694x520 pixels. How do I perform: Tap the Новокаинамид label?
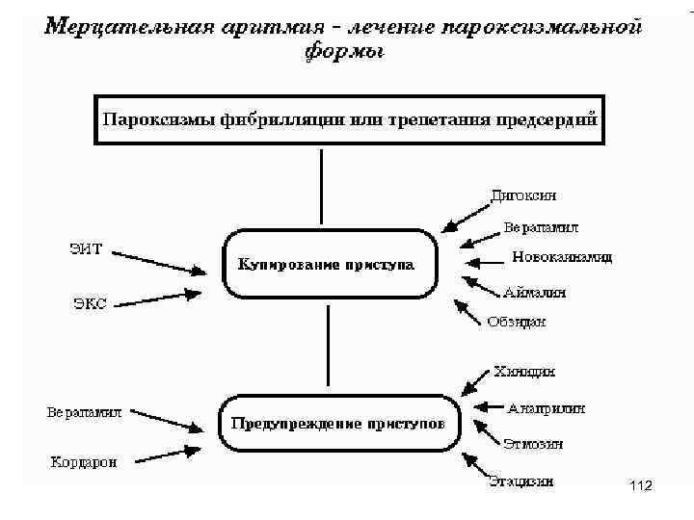561,258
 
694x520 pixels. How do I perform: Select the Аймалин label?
534,291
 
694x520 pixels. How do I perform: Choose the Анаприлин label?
546,407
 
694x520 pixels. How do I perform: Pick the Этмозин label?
533,444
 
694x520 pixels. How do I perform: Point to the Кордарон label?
84,461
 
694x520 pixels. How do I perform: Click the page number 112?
639,489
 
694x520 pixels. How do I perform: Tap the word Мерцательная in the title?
116,26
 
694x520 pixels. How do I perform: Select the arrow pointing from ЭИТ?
160,263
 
